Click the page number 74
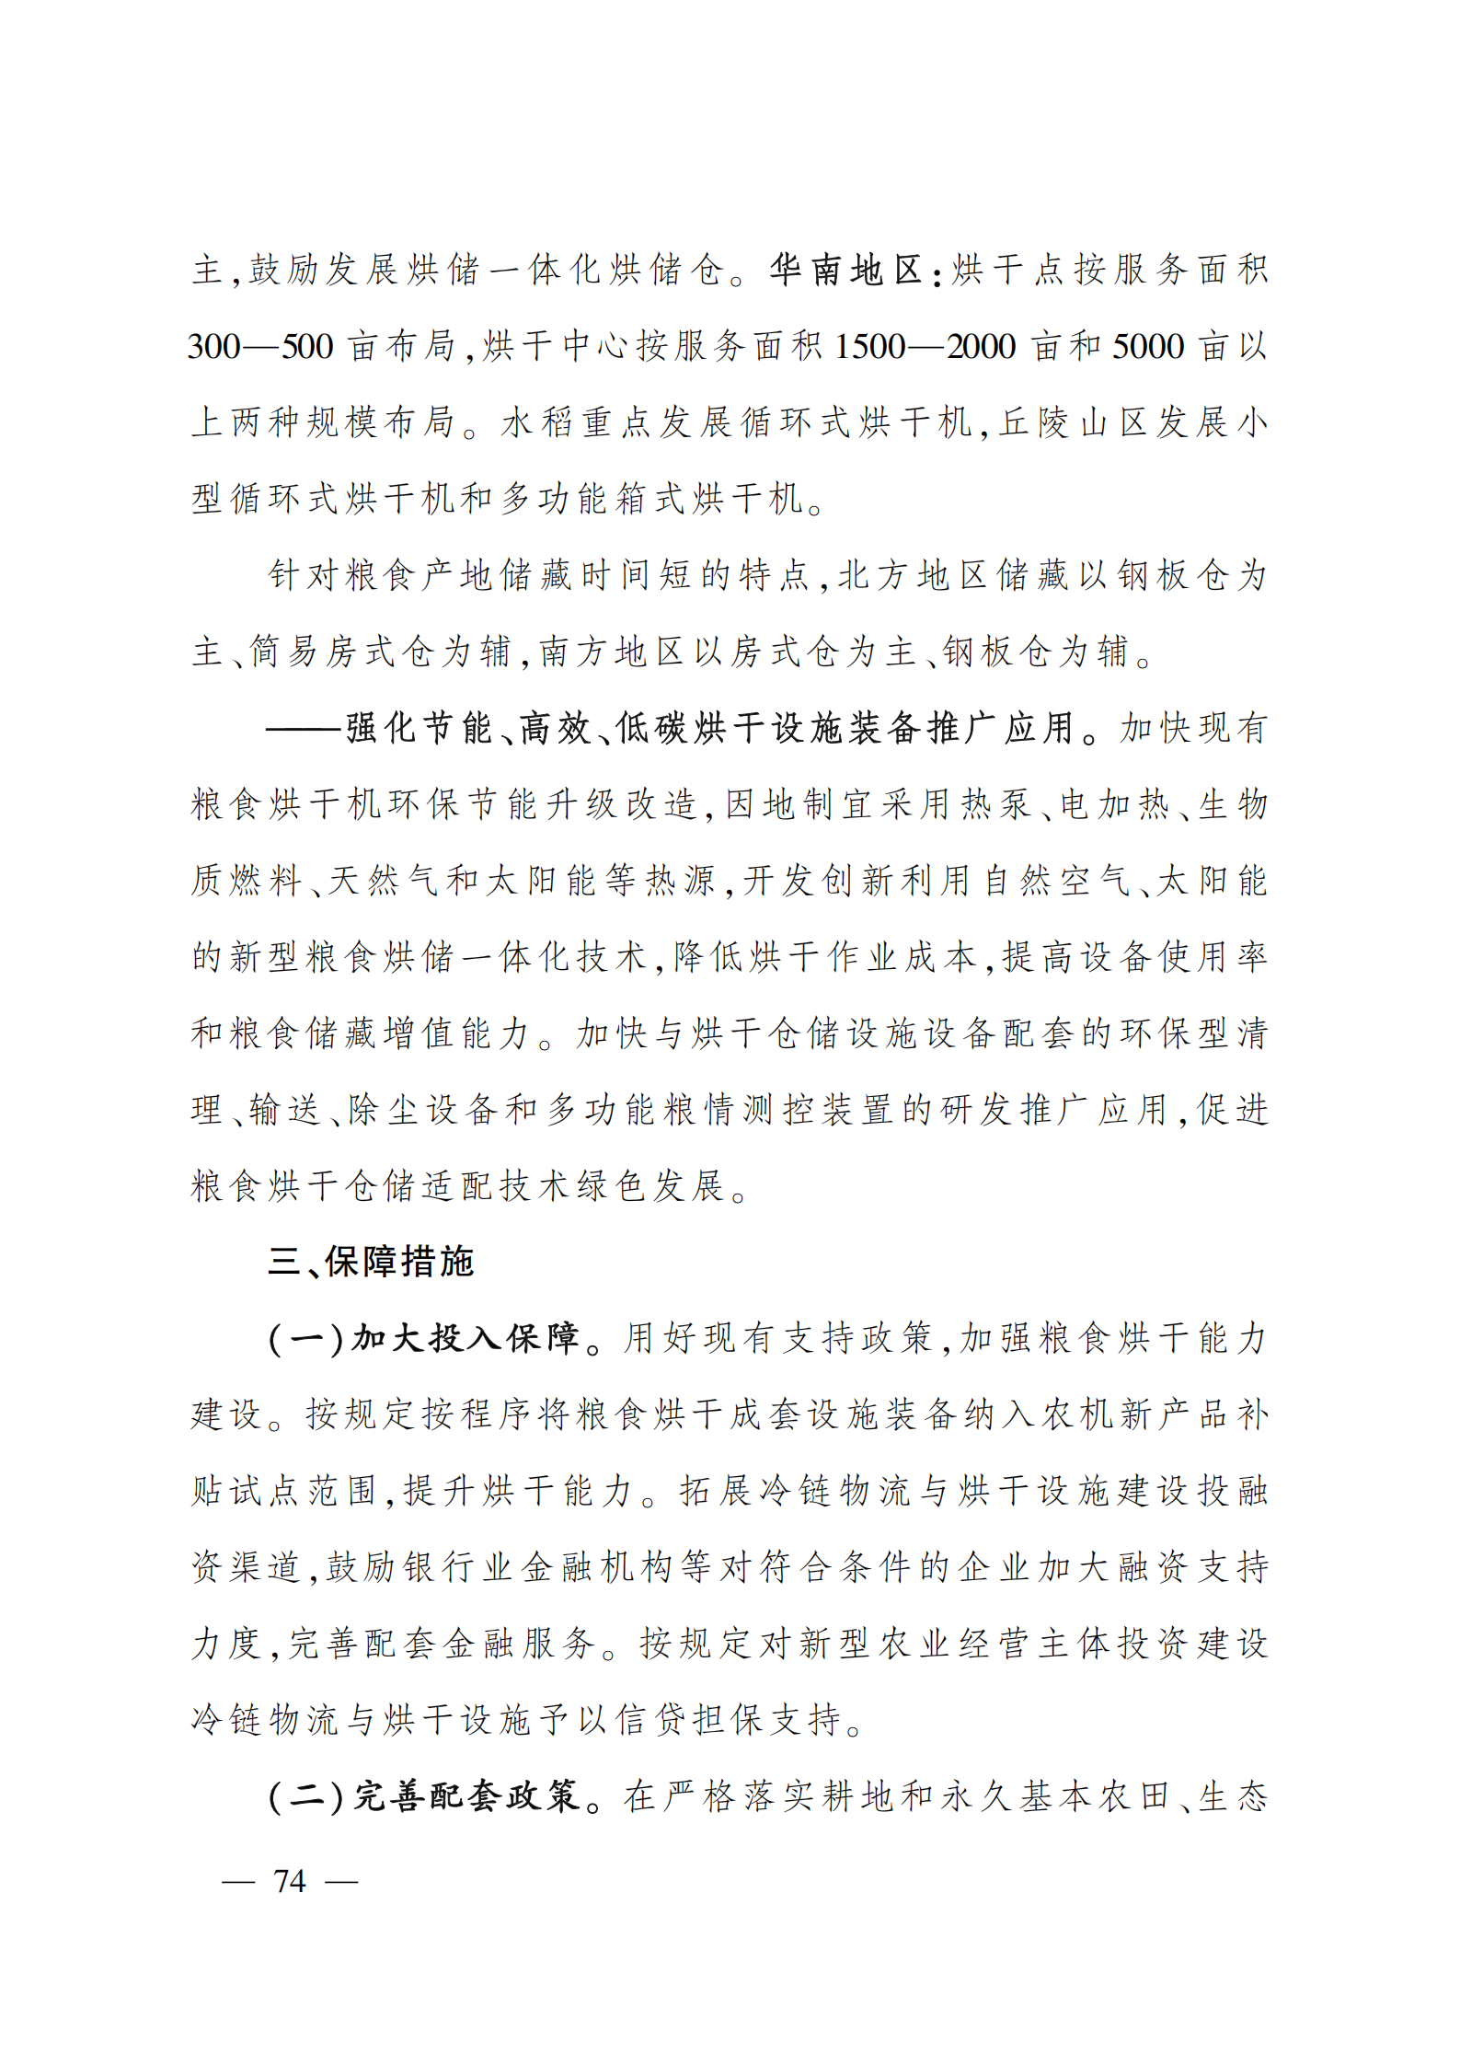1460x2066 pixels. pos(290,1880)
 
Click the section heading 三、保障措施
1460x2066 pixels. pos(370,1262)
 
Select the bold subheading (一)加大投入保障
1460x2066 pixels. pos(423,1338)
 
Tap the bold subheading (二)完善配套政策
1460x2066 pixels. pos(423,1796)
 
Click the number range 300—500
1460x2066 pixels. pos(260,347)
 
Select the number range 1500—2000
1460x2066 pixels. pos(925,347)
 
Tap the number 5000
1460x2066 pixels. pos(1148,347)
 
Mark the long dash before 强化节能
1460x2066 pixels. pos(304,729)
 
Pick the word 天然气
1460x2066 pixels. pos(382,882)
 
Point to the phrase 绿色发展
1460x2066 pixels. pos(650,1186)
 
